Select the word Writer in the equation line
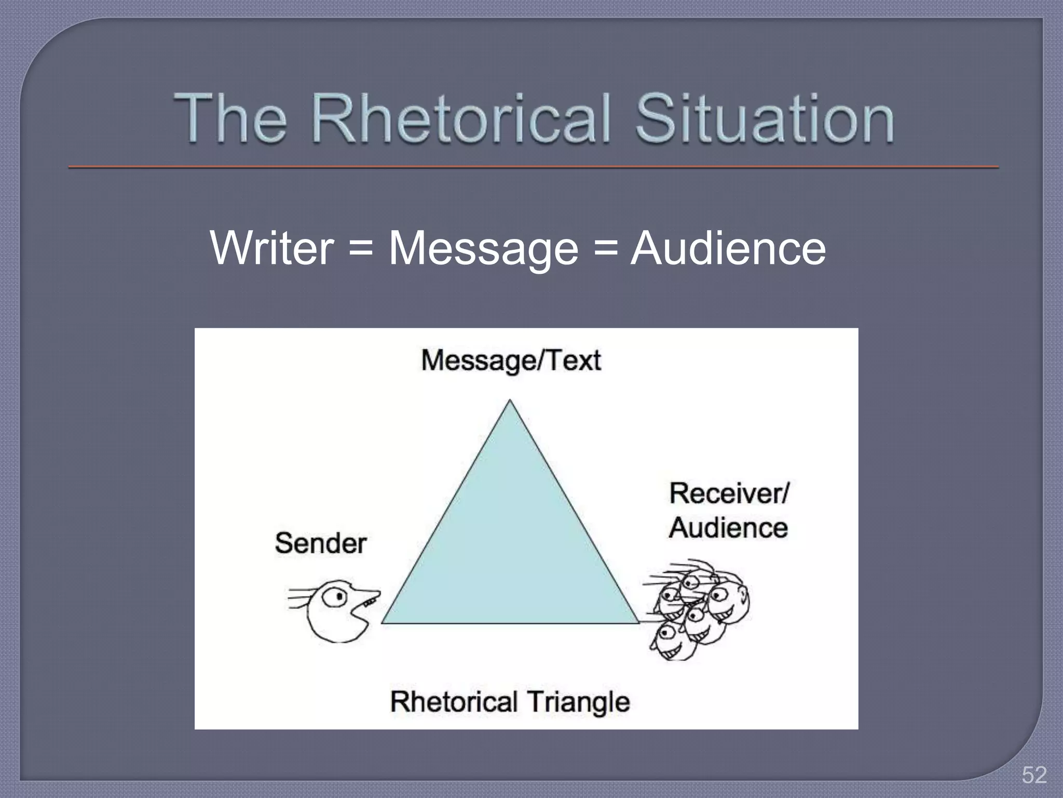pos(271,248)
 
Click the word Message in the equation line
pos(483,249)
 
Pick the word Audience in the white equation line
pos(728,248)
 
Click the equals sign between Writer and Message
pos(361,248)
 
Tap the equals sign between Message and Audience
pos(605,248)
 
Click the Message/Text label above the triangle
pos(511,360)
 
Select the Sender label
pos(321,543)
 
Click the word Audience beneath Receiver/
pos(728,528)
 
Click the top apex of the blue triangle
pos(510,401)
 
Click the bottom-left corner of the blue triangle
pos(383,622)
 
